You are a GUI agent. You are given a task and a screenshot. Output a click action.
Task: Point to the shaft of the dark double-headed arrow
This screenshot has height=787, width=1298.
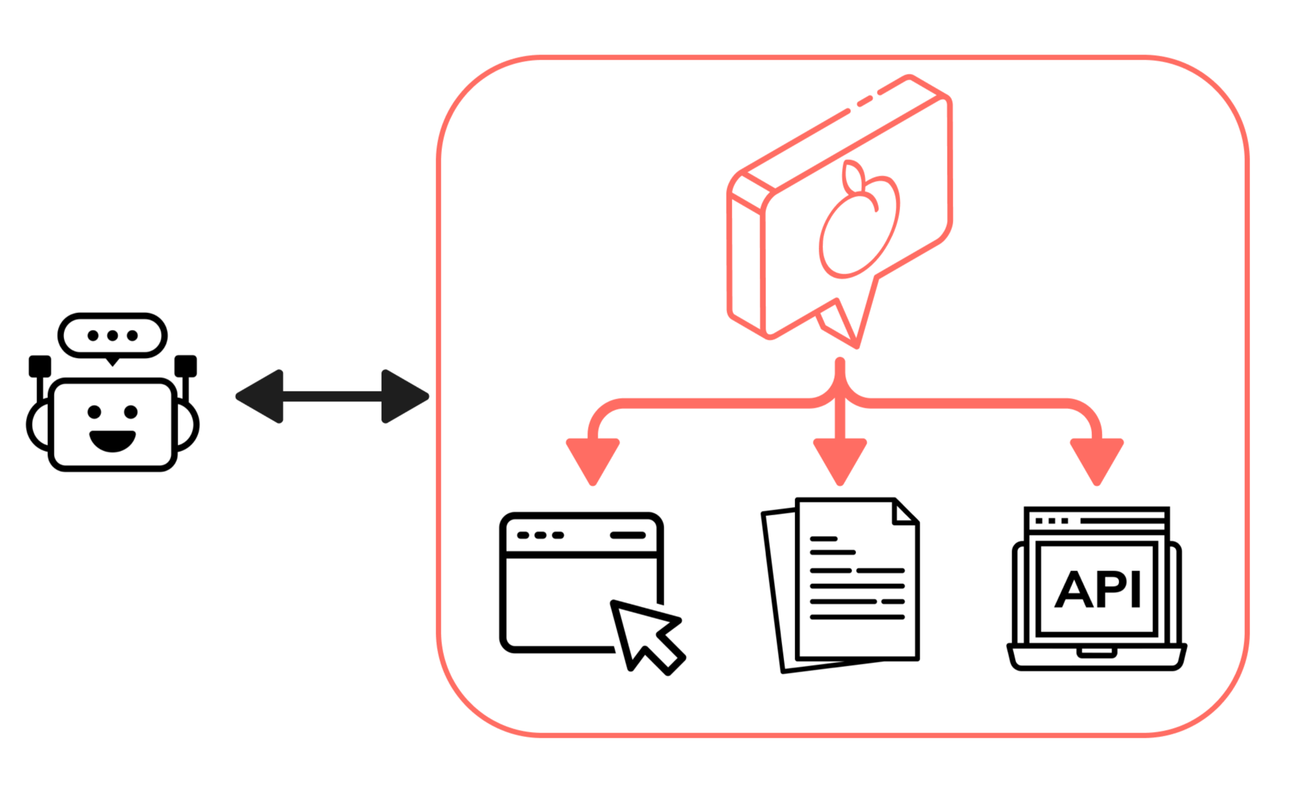tap(332, 396)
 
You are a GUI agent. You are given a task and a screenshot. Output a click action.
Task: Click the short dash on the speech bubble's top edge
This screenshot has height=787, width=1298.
tap(864, 102)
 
